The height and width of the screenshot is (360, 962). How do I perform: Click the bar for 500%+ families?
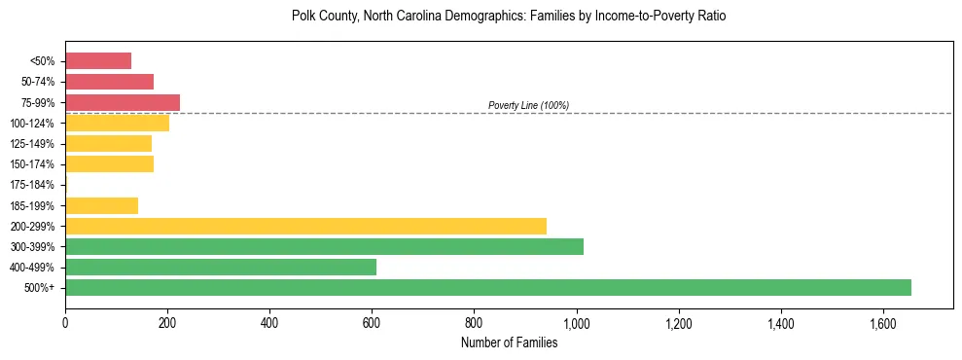tap(487, 287)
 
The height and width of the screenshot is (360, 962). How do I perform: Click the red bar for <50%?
tap(98, 61)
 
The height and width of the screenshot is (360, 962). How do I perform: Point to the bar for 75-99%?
tap(123, 102)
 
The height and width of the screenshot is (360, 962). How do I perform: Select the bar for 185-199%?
tap(101, 205)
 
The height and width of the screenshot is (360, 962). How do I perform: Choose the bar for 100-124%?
tap(117, 123)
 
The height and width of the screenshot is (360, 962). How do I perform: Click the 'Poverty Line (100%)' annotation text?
tap(528, 105)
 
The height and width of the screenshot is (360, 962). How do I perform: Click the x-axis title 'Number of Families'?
tap(509, 342)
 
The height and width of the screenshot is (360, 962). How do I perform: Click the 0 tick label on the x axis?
tap(65, 322)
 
